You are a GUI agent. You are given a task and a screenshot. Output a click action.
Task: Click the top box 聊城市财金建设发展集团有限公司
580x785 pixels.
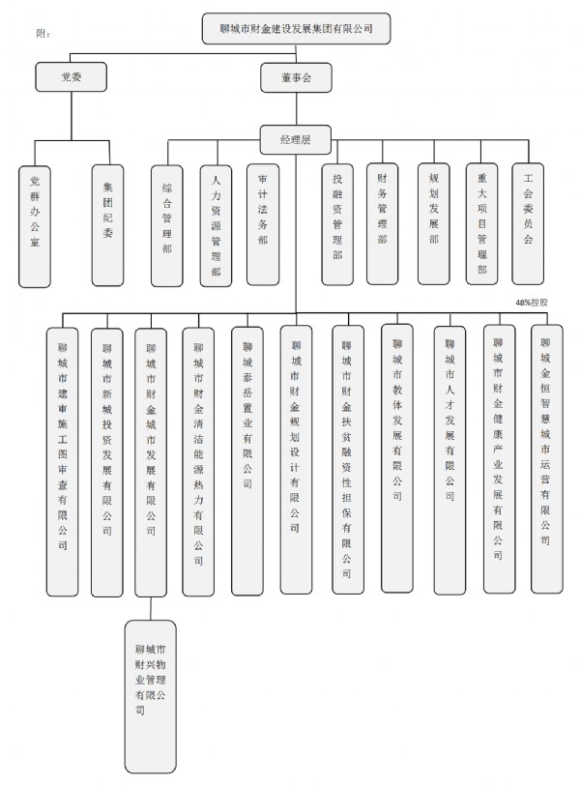pyautogui.click(x=298, y=29)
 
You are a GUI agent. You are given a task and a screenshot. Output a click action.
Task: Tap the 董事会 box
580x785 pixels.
pyautogui.click(x=295, y=74)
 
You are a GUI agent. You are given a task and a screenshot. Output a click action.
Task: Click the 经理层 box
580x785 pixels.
pyautogui.click(x=295, y=140)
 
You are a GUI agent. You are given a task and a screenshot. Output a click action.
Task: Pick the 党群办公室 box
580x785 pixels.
pyautogui.click(x=35, y=224)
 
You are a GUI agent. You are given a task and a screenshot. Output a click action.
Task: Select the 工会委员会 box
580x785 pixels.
pyautogui.click(x=528, y=221)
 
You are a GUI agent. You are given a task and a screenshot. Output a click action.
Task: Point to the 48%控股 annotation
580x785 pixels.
pyautogui.click(x=532, y=302)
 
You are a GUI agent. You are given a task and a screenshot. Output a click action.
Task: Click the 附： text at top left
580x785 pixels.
pyautogui.click(x=43, y=34)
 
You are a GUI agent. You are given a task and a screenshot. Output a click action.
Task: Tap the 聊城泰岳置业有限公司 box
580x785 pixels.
pyautogui.click(x=247, y=459)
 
